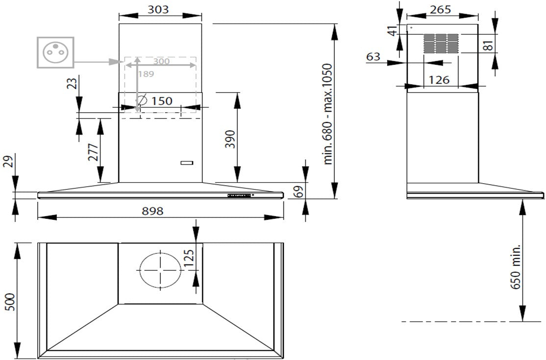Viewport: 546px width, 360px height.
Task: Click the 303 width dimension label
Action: point(158,9)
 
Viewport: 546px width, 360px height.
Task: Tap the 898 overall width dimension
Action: point(152,211)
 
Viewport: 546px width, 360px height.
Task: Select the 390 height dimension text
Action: point(230,139)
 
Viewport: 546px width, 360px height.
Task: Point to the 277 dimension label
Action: point(93,152)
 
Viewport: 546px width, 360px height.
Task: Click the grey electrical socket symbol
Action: point(56,52)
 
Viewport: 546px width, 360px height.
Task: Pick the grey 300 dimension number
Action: point(162,61)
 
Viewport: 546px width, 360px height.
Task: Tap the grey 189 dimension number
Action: point(146,74)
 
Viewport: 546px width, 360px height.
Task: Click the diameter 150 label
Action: point(154,100)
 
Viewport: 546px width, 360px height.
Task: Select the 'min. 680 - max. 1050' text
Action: point(328,114)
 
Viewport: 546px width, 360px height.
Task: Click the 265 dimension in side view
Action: point(440,9)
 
